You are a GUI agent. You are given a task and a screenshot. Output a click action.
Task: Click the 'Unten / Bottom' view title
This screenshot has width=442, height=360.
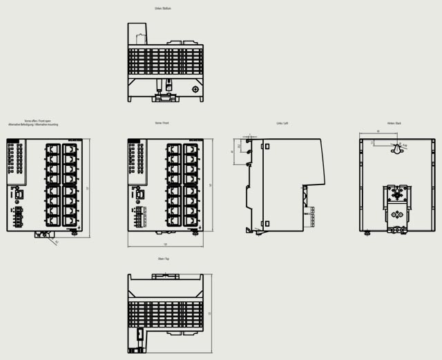164,9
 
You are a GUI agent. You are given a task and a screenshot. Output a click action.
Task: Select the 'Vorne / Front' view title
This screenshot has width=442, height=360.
163,123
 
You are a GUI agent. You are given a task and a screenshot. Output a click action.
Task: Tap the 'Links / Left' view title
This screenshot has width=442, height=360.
282,123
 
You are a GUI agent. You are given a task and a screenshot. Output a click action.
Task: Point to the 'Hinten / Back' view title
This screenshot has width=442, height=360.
394,123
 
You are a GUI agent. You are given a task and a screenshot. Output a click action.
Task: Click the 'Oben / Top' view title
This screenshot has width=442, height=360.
164,258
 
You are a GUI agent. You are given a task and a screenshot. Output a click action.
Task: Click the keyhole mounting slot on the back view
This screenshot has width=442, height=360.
396,149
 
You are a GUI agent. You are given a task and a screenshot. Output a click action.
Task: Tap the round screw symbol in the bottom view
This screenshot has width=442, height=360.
195,89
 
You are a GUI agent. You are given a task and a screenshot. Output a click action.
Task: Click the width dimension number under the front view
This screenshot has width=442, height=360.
165,245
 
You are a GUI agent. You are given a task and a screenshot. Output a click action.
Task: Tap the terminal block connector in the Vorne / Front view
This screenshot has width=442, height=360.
140,215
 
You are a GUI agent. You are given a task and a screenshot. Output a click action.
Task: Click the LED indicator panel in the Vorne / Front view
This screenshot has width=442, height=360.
137,163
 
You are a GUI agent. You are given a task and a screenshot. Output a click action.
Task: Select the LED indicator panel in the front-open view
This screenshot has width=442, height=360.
16,163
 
